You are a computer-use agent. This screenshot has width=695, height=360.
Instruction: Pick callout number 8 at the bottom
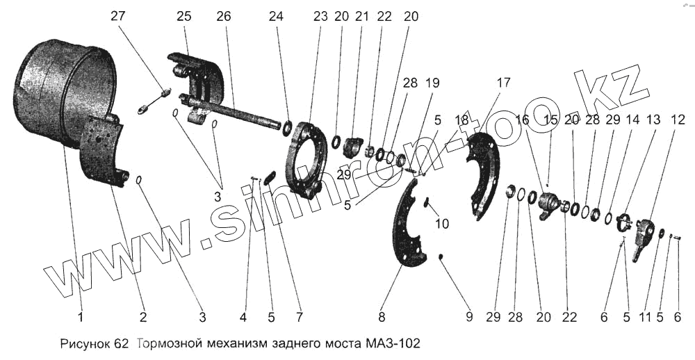click(381, 318)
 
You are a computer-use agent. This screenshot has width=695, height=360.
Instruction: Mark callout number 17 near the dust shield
click(502, 82)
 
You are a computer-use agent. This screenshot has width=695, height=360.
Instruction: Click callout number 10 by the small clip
click(442, 224)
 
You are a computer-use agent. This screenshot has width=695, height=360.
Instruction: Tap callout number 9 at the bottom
click(469, 318)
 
